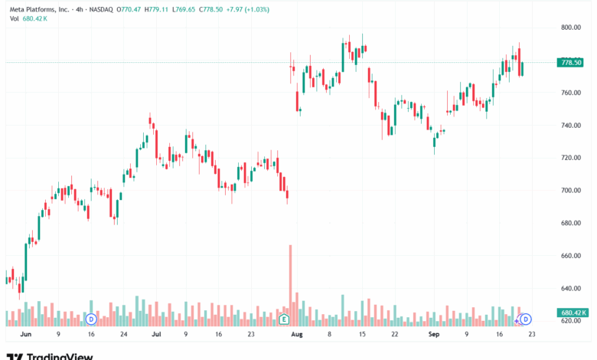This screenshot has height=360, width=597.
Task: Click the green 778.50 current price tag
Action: pos(572,62)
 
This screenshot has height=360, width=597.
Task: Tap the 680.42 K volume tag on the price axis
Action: pos(573,313)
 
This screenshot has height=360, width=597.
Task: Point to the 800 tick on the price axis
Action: pos(569,28)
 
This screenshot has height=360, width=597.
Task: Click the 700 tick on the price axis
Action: pos(569,191)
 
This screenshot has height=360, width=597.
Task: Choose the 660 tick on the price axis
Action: pos(569,256)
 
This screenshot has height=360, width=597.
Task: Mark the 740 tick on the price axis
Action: pos(569,126)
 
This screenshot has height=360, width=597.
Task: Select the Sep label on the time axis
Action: pos(434,335)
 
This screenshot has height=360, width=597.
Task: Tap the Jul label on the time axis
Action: pos(155,335)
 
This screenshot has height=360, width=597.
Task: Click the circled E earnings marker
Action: pos(284,319)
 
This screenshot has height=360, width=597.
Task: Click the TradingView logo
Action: pos(50,355)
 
